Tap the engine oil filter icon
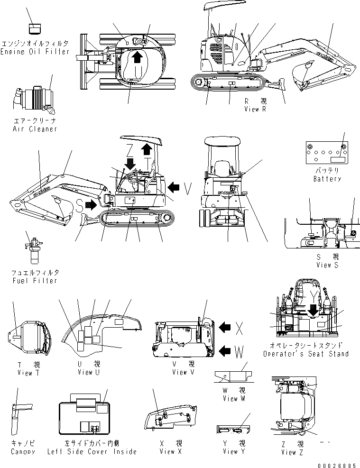[x=35, y=29]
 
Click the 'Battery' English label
[x=327, y=179]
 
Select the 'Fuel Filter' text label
[x=35, y=280]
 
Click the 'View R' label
[x=258, y=110]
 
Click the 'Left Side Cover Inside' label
[x=92, y=451]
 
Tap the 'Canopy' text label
[x=23, y=451]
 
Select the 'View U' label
[x=88, y=372]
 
